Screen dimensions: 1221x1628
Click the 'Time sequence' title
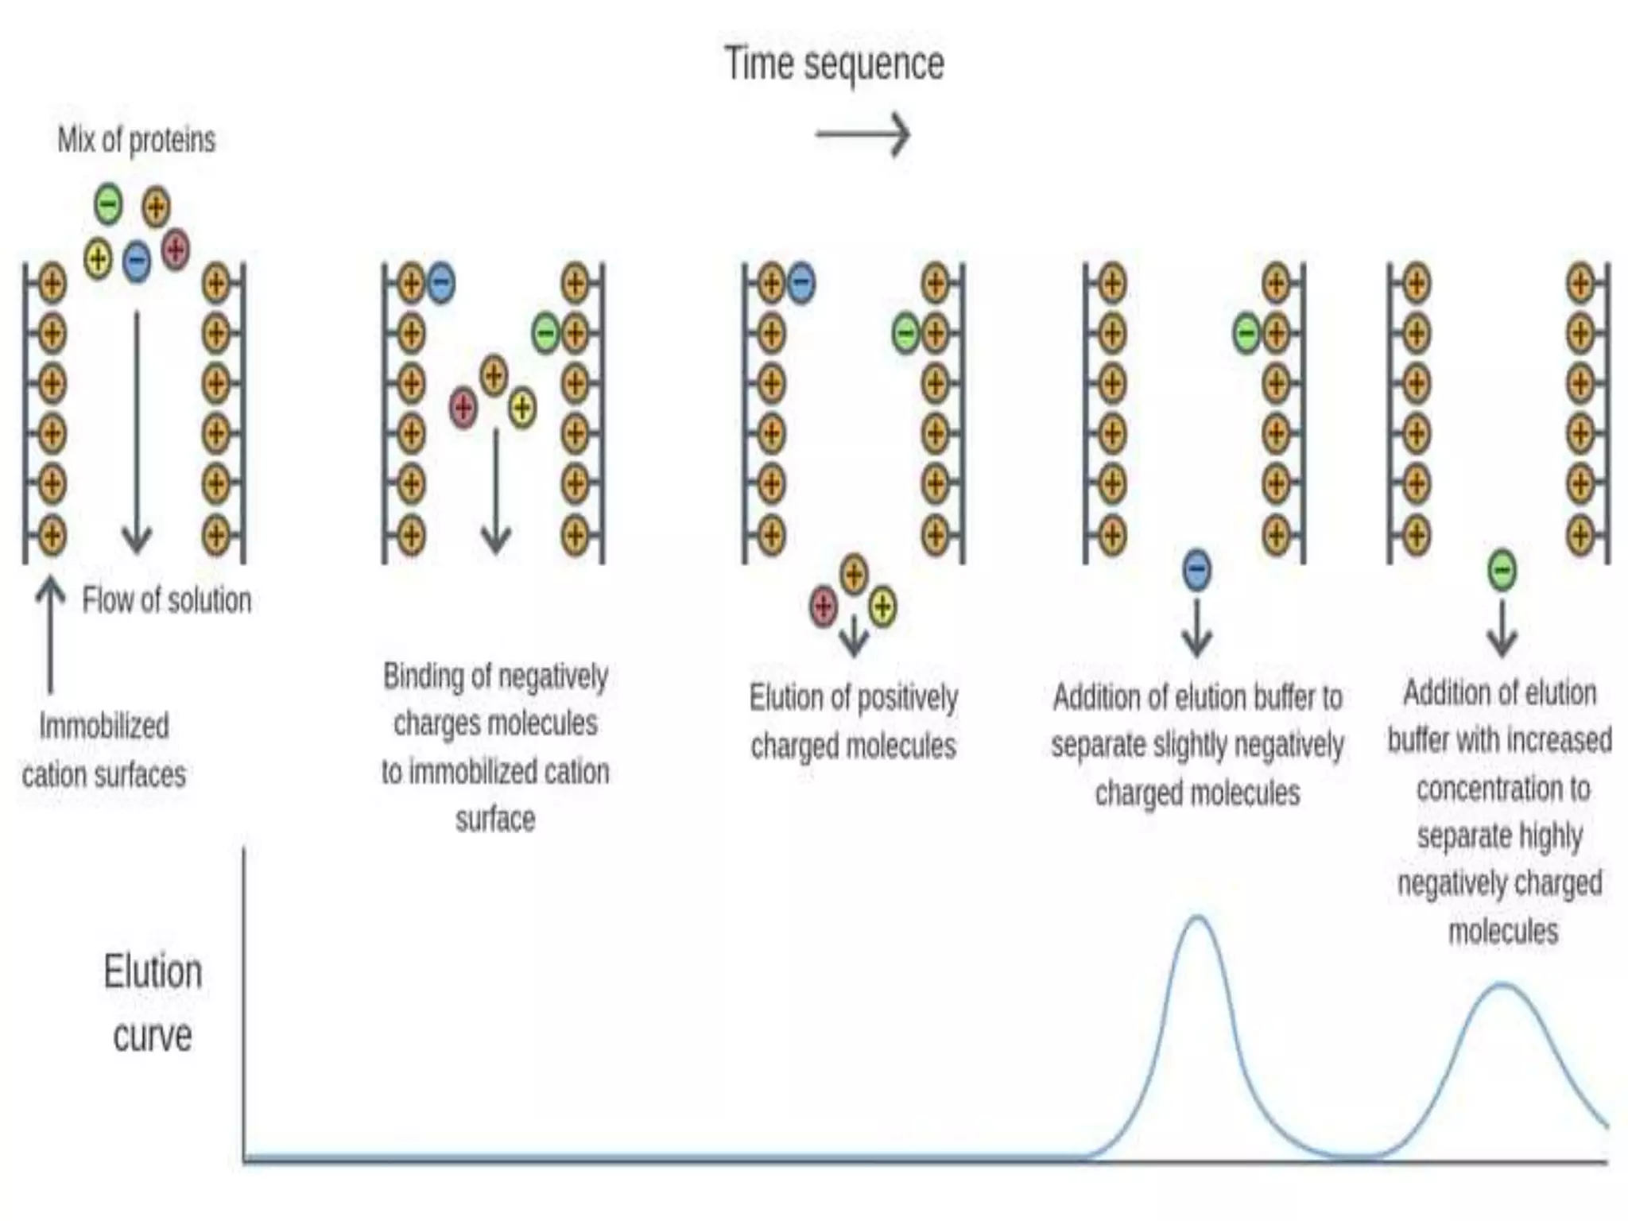(x=834, y=64)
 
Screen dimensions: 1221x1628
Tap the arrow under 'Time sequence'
(x=862, y=134)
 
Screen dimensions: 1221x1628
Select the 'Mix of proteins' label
(x=136, y=140)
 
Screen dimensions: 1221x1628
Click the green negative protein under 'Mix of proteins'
(x=108, y=203)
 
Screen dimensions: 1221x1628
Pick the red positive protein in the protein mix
(x=176, y=250)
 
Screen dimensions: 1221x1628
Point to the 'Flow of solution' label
(x=167, y=600)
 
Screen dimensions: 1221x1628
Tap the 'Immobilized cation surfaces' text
(x=104, y=750)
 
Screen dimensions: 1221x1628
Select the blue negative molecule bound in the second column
(x=441, y=283)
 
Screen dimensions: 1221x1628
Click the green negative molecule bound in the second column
(x=545, y=332)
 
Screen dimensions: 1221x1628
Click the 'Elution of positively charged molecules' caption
(x=853, y=722)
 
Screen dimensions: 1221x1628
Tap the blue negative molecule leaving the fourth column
(x=1197, y=570)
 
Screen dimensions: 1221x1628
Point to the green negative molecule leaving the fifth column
(x=1502, y=570)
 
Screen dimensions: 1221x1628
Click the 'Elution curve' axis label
(x=153, y=1003)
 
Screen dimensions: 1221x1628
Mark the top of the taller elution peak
(x=1197, y=918)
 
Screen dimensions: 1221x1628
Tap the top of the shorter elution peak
(x=1503, y=986)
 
